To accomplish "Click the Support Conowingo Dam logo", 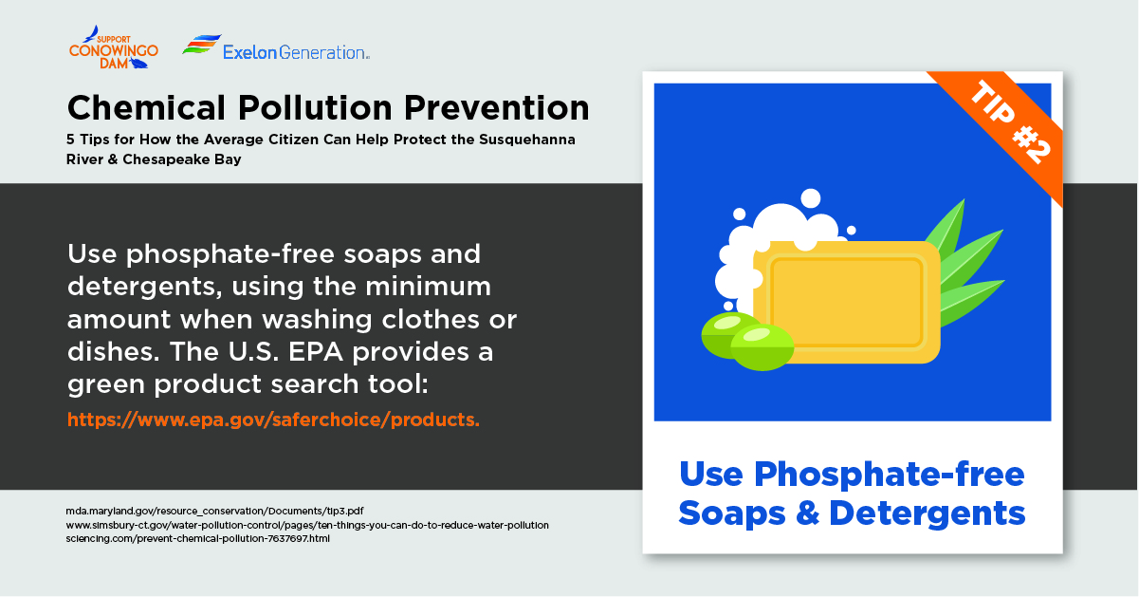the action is (114, 47).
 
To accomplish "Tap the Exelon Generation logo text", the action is (297, 52).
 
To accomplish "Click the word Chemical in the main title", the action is (146, 108).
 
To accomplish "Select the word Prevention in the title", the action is (496, 108).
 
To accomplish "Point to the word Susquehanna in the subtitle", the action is (527, 140).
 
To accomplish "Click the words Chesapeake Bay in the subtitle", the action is (182, 159).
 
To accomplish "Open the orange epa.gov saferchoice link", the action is (273, 420).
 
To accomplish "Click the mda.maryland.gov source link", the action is (214, 511).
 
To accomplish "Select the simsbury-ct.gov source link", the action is (307, 525).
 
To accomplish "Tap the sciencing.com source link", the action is (198, 538).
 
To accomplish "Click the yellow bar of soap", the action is (847, 303).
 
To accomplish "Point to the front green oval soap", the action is (762, 347).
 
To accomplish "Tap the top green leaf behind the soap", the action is (948, 228).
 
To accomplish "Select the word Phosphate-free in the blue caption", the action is (890, 475).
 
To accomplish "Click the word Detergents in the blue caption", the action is (927, 513).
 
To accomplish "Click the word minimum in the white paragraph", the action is (428, 287).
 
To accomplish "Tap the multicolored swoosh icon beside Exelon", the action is (202, 45).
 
